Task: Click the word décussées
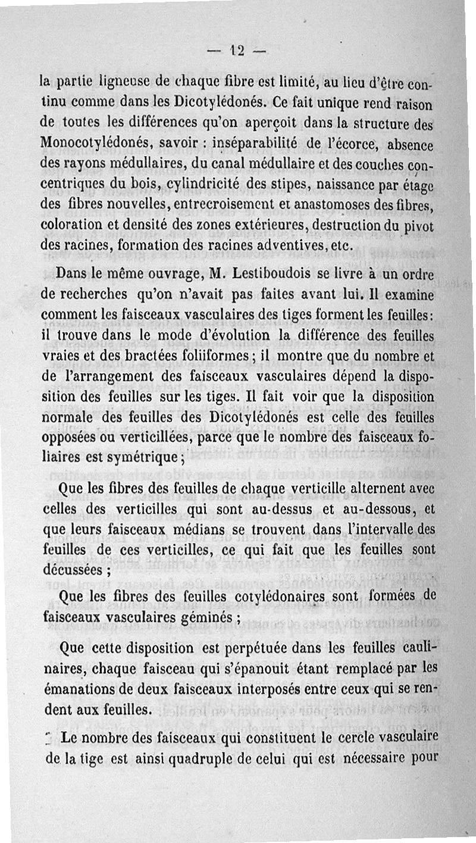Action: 72,570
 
